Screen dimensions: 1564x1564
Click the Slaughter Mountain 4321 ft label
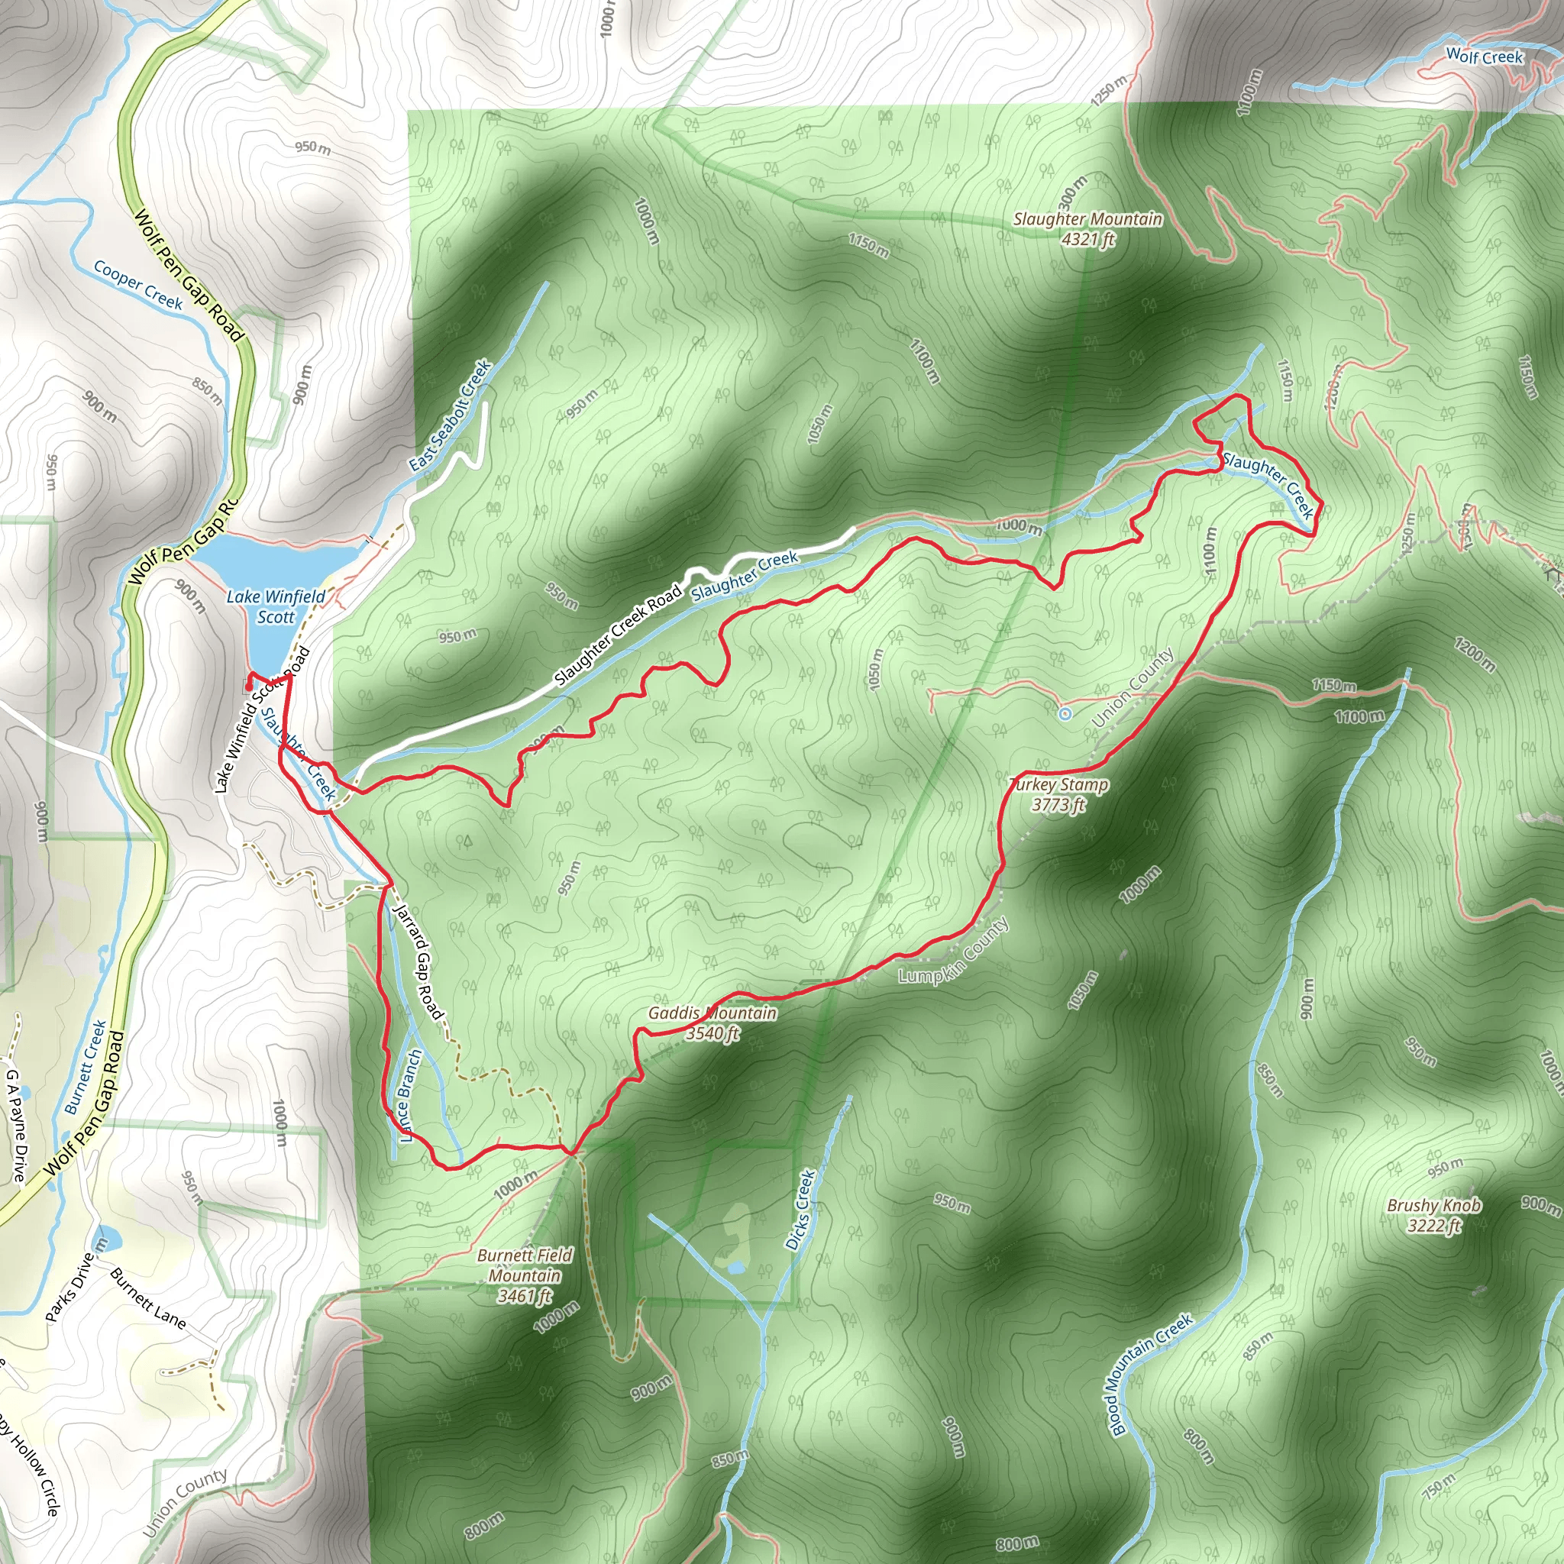pos(1087,229)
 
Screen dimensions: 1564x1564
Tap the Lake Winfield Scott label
pos(275,606)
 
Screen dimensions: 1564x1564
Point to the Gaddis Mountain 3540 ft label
pos(713,1023)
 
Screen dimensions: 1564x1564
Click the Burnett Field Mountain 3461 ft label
pos(525,1275)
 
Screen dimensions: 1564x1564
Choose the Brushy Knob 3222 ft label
pos(1433,1215)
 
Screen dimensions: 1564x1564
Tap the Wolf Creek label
pos(1484,56)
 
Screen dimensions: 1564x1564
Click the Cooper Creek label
pos(138,284)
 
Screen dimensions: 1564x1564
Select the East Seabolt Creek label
pos(450,415)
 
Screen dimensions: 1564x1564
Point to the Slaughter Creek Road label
pos(619,636)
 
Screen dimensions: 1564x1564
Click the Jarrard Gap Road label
pos(418,961)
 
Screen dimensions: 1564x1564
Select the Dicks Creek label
pos(799,1210)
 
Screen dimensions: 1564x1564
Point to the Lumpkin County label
pos(954,952)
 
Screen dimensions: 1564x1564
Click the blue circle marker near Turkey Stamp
pos(1065,713)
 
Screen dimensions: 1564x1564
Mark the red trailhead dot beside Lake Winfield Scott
pos(248,687)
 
